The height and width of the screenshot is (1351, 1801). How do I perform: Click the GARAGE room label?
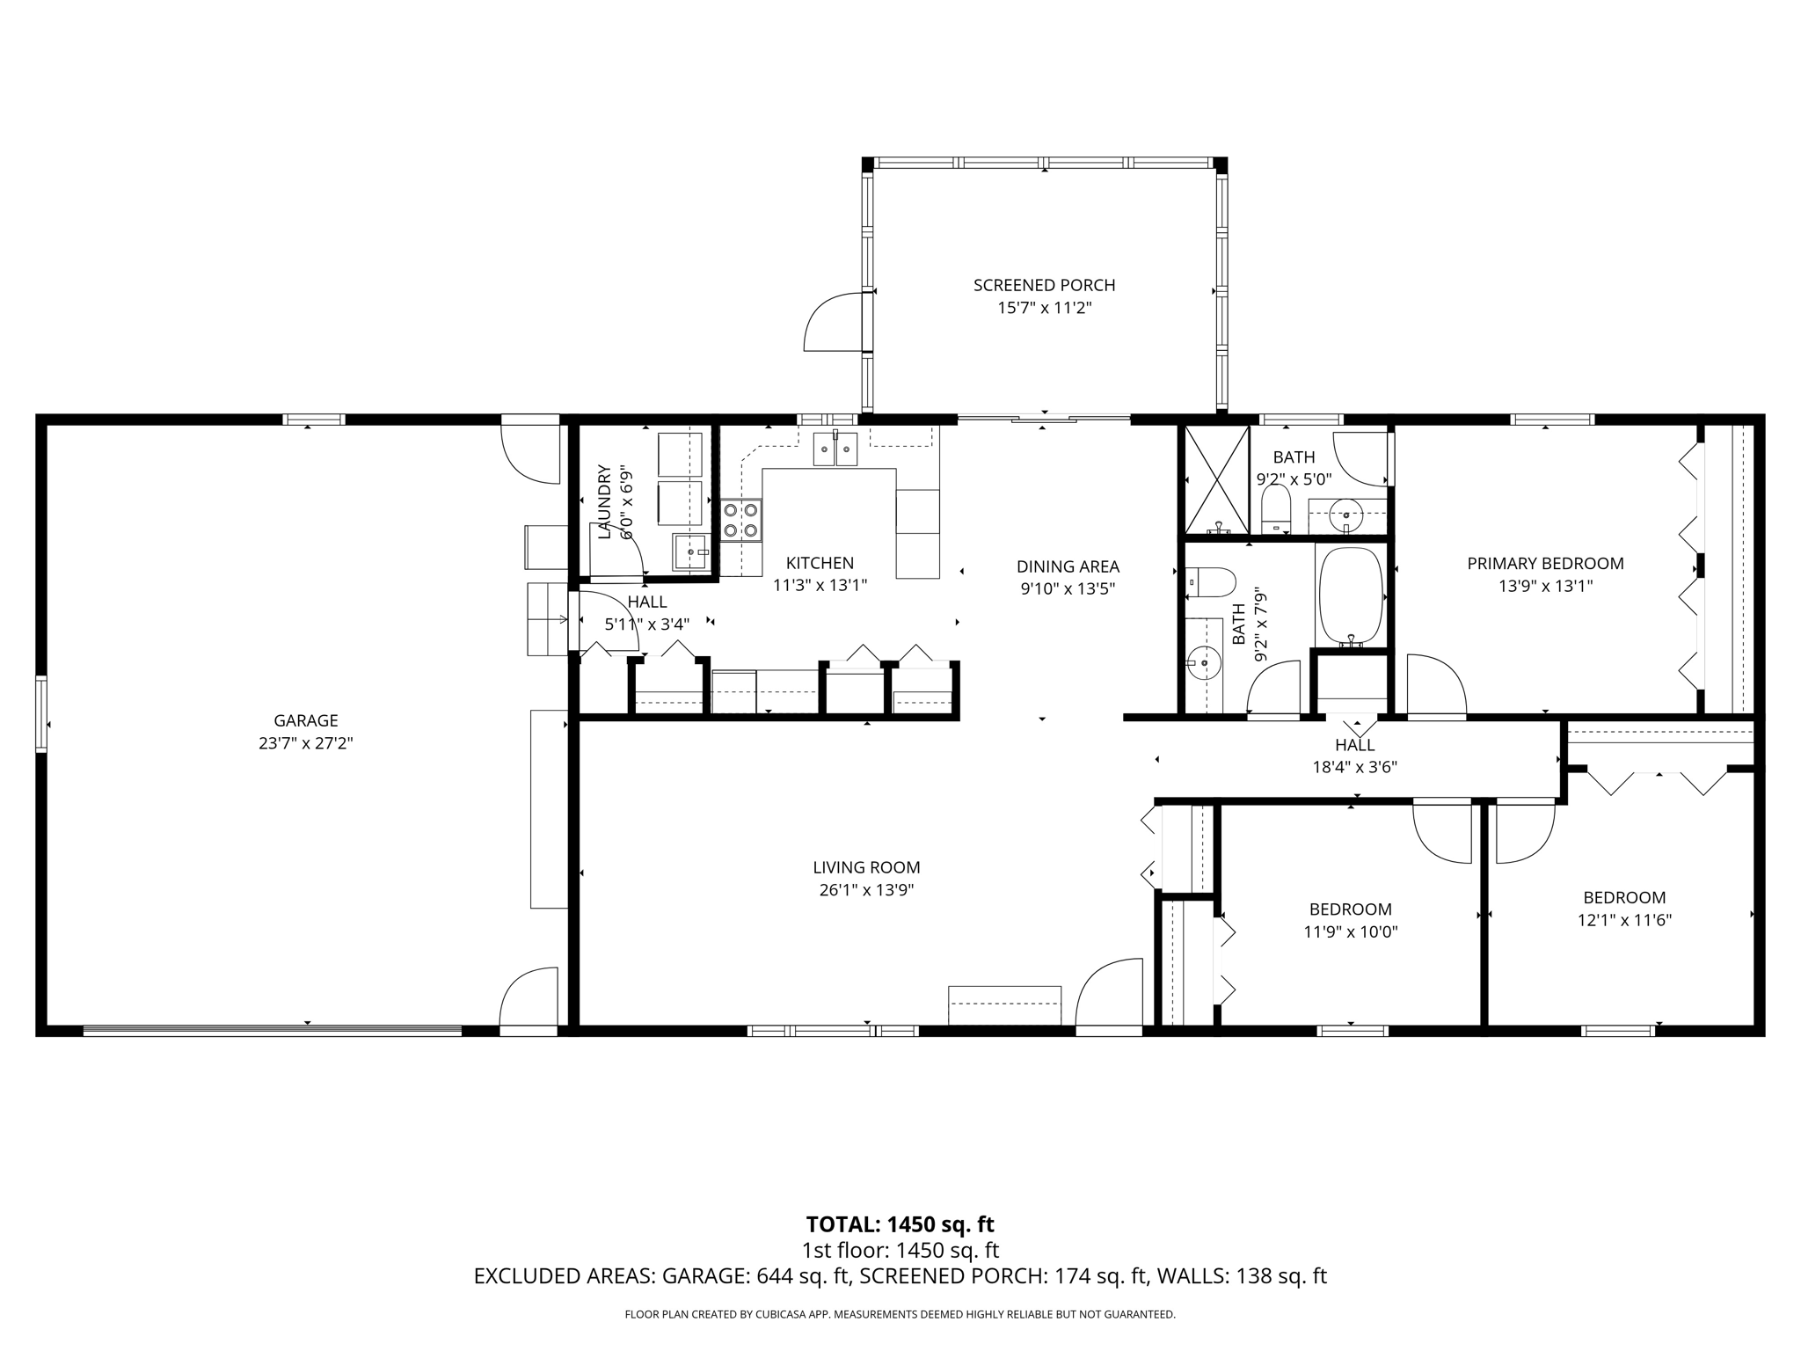305,720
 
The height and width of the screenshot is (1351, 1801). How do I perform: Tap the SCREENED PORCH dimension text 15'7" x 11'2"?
1044,308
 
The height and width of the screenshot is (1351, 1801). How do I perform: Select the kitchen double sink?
835,449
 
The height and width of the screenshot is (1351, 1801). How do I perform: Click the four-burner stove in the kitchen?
741,520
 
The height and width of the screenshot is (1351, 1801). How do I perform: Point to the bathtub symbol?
1350,596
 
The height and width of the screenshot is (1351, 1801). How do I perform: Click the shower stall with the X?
1216,480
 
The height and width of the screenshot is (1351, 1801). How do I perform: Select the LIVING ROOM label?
866,867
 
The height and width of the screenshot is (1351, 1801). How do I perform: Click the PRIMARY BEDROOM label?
1545,564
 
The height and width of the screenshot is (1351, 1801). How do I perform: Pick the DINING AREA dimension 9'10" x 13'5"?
1068,589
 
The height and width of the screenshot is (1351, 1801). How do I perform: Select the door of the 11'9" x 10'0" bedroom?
1442,832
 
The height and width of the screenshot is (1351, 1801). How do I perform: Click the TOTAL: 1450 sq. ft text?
900,1224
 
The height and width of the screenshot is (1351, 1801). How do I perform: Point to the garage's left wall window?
41,713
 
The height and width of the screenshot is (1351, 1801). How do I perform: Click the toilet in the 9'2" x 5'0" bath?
1275,510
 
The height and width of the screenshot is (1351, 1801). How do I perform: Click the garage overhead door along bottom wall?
273,1030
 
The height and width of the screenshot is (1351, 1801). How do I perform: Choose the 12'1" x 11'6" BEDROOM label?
1624,898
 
